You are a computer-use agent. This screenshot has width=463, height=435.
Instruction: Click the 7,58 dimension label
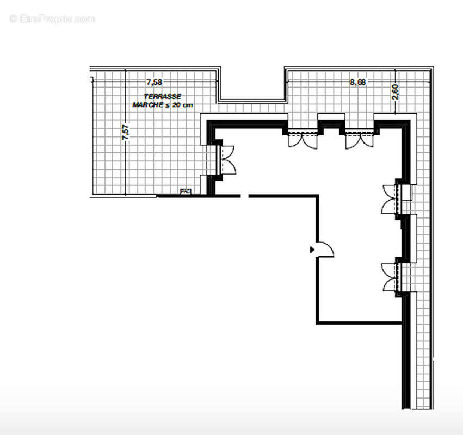coord(155,83)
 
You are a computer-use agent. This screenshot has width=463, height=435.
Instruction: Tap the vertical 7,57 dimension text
coord(126,133)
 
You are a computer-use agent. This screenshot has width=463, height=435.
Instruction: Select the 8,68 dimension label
coord(357,83)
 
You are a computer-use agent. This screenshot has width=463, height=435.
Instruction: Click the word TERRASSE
coord(159,96)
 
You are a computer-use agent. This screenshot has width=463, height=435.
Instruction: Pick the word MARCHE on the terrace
coord(147,104)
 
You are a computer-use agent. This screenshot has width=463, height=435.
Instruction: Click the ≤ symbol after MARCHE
coord(166,104)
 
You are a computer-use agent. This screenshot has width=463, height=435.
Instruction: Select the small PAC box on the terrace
coord(186,191)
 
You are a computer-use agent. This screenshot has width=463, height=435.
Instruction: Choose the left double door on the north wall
coord(303,140)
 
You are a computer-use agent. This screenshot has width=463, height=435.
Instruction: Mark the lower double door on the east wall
coord(391,277)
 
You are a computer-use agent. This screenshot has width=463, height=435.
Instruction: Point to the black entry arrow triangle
coord(312,250)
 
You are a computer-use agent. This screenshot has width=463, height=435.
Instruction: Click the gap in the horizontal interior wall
coord(245,196)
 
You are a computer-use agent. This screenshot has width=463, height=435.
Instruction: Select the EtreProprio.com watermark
coord(52,18)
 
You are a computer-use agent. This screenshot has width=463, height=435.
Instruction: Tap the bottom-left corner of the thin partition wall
coord(318,322)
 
